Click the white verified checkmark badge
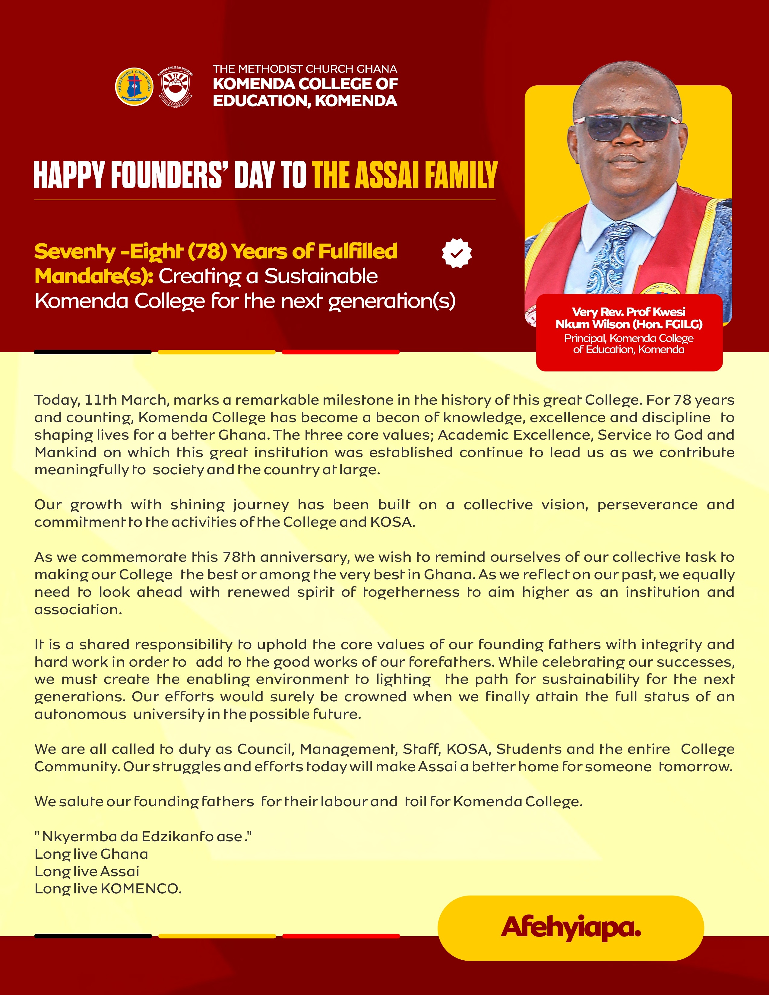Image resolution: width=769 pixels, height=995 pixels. click(457, 253)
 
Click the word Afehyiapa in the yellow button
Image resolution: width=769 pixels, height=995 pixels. click(571, 927)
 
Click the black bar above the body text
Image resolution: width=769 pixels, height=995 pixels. click(93, 352)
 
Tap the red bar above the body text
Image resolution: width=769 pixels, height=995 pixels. click(341, 352)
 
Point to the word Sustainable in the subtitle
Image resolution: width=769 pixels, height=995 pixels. click(321, 276)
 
